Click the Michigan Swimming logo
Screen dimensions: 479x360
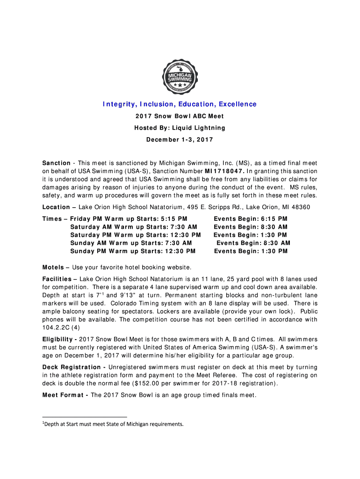click(x=180, y=74)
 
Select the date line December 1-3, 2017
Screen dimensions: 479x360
click(x=180, y=140)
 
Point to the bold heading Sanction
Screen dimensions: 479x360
click(x=57, y=163)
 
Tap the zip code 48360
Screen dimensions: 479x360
click(x=299, y=207)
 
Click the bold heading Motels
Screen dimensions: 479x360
click(x=53, y=268)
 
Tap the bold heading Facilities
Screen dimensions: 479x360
click(x=58, y=279)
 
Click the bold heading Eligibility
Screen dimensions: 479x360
click(x=59, y=339)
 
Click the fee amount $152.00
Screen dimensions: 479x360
click(x=150, y=384)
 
